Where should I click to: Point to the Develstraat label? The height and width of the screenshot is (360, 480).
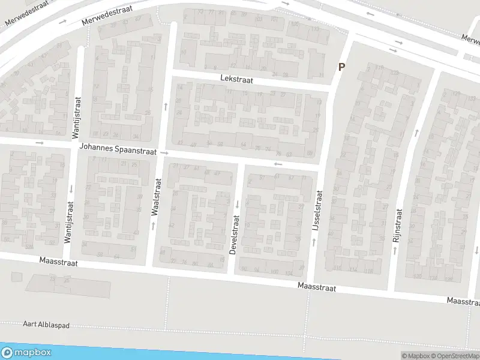pos(235,236)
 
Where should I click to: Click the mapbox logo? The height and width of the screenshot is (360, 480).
pos(26,353)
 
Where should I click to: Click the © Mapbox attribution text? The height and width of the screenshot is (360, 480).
pos(415,356)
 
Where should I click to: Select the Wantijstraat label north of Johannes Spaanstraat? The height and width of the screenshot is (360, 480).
pos(77,115)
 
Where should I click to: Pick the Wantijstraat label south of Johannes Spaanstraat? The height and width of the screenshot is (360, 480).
pos(68,223)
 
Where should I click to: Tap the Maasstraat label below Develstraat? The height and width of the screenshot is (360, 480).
pos(316,288)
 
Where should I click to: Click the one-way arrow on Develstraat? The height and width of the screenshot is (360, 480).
pos(237,204)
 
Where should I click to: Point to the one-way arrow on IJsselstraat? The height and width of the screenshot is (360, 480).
pos(313,242)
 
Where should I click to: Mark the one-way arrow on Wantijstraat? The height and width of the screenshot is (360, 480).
pos(71,188)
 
